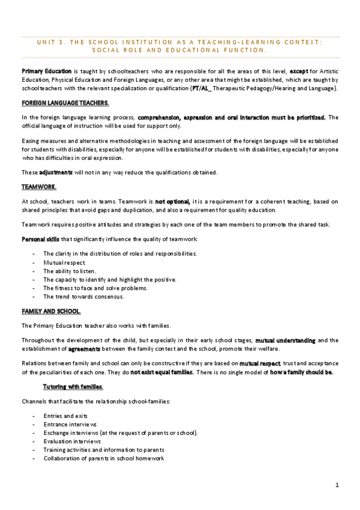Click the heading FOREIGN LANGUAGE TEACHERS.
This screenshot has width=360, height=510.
(65, 103)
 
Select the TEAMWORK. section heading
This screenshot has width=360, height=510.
(38, 186)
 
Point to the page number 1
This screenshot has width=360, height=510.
(337, 484)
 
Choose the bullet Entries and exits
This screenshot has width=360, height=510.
(65, 416)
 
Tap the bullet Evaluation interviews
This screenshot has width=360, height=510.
(72, 441)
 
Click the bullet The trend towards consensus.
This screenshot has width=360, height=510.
(84, 296)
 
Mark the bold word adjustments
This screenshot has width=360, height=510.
(55, 172)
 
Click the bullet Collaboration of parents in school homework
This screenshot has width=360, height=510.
(103, 458)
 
